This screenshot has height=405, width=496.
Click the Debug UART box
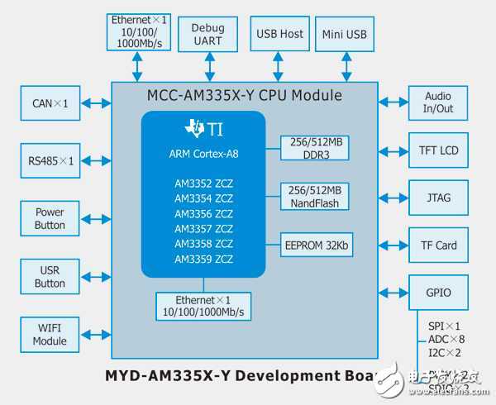(x=207, y=35)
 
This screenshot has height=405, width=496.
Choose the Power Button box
(x=50, y=218)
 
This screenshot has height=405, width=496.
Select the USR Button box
(x=50, y=277)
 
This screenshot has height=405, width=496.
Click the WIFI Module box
(x=50, y=335)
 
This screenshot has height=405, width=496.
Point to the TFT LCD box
(x=438, y=150)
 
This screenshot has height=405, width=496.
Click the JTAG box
(x=438, y=198)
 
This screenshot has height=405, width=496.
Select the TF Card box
(x=438, y=245)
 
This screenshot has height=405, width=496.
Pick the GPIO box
(x=438, y=292)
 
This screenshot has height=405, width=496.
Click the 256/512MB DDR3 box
(x=316, y=147)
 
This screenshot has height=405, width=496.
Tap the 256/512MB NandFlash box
(x=316, y=196)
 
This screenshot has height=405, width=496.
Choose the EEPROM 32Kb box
(x=316, y=245)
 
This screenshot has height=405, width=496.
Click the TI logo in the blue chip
(x=203, y=128)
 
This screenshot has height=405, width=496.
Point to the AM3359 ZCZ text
(x=203, y=259)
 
